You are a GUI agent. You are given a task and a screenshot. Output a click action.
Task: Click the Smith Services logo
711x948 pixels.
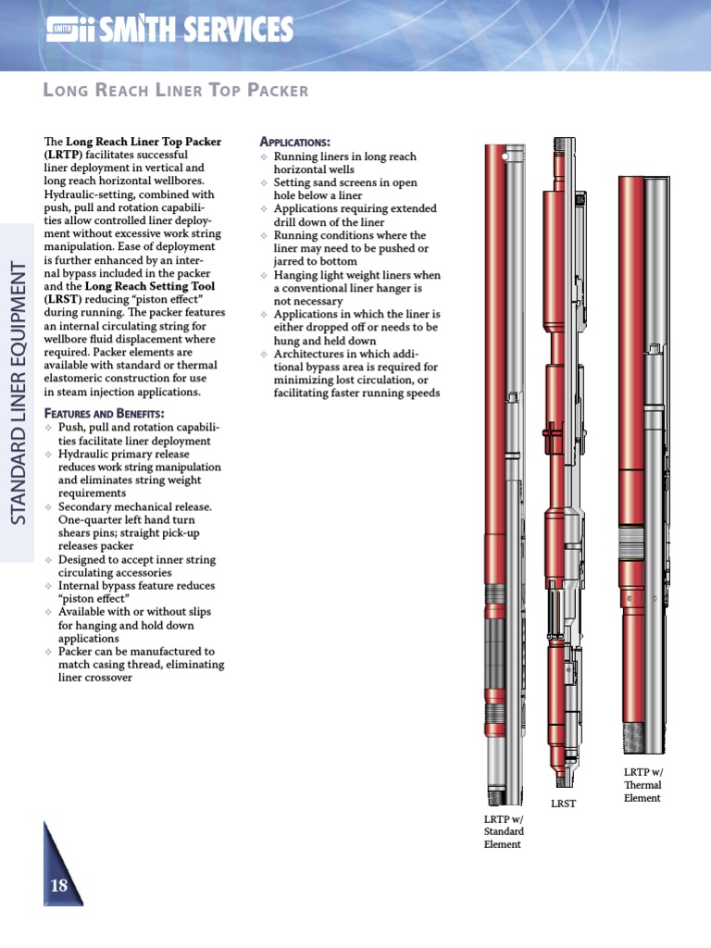pos(169,31)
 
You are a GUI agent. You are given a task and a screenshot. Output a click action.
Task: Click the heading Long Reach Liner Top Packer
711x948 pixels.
pos(176,90)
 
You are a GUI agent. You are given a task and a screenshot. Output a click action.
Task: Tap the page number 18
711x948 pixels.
pos(59,886)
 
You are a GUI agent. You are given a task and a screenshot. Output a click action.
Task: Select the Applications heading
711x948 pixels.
pos(294,142)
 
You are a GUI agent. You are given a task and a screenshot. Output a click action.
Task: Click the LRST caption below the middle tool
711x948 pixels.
pos(563,804)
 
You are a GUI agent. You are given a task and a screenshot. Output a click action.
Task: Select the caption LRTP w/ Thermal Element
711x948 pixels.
pos(643,784)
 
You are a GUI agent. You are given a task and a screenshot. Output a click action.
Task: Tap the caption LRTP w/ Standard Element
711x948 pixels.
pos(504,831)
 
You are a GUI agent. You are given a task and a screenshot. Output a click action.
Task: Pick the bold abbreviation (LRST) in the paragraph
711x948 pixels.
pos(63,300)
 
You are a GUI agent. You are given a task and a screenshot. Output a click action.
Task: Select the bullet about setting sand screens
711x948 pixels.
pos(344,190)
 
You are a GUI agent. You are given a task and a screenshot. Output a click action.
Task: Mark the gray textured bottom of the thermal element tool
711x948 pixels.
pos(632,738)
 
